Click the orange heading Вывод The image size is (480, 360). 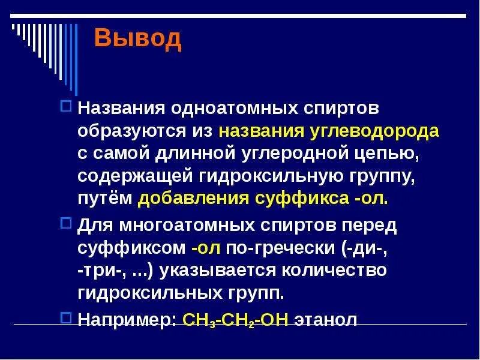(x=137, y=38)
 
